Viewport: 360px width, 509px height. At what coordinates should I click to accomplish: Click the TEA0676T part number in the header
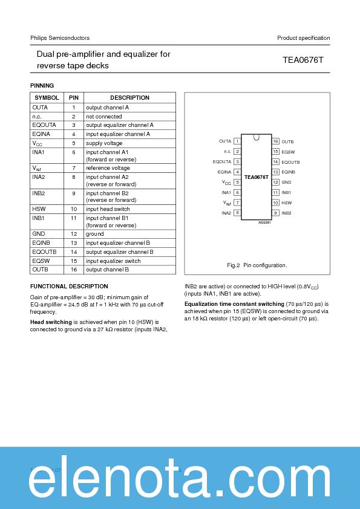tap(303, 60)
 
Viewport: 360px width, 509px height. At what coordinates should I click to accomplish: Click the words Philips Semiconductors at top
tap(60, 38)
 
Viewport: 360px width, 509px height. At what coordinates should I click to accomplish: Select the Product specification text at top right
tap(303, 38)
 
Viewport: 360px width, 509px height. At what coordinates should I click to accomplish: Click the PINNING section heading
tap(42, 86)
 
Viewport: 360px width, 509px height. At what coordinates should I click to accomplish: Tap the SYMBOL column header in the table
tap(47, 97)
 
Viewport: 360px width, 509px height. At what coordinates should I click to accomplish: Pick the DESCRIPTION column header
tap(129, 97)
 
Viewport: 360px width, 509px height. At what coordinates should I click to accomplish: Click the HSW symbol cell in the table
tap(39, 209)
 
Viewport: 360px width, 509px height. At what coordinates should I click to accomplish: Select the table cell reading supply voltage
tap(103, 143)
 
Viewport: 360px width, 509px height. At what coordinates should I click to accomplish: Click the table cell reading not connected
tap(103, 116)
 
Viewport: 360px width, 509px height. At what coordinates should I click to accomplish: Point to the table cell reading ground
tap(94, 233)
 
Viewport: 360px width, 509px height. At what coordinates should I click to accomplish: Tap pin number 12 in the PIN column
tap(73, 233)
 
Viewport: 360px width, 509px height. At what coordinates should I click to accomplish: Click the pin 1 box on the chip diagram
tap(238, 141)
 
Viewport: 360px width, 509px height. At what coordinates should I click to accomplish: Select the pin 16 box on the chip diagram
tap(275, 141)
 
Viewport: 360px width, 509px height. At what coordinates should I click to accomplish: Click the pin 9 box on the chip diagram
tap(275, 213)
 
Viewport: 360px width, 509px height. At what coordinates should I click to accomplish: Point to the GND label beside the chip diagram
tap(286, 182)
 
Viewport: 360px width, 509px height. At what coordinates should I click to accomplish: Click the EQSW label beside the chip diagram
tap(287, 151)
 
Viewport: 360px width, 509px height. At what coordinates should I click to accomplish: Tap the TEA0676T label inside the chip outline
tap(257, 178)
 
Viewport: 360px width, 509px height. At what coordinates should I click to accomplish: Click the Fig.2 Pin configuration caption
tap(257, 265)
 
